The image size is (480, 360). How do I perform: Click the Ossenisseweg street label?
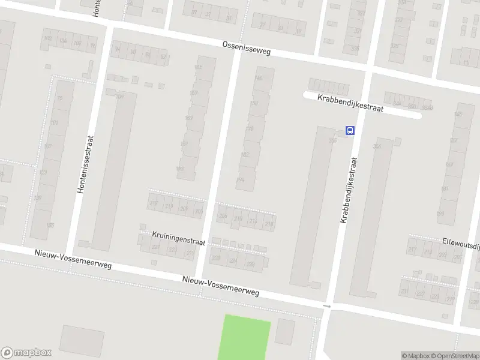tap(246, 48)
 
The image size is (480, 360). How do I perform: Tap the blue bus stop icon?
tap(350, 130)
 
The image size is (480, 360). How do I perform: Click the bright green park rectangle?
tap(247, 337)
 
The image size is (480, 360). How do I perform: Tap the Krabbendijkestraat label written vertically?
tap(349, 190)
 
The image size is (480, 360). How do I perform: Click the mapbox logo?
tap(26, 353)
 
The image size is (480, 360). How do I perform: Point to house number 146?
tap(259, 79)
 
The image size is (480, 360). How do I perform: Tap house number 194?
tap(241, 179)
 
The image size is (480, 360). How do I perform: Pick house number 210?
tap(238, 219)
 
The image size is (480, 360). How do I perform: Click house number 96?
tap(92, 44)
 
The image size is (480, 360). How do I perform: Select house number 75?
tap(59, 98)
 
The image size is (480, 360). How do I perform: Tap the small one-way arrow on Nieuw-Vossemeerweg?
tap(326, 307)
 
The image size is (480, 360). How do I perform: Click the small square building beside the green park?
tap(285, 331)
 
